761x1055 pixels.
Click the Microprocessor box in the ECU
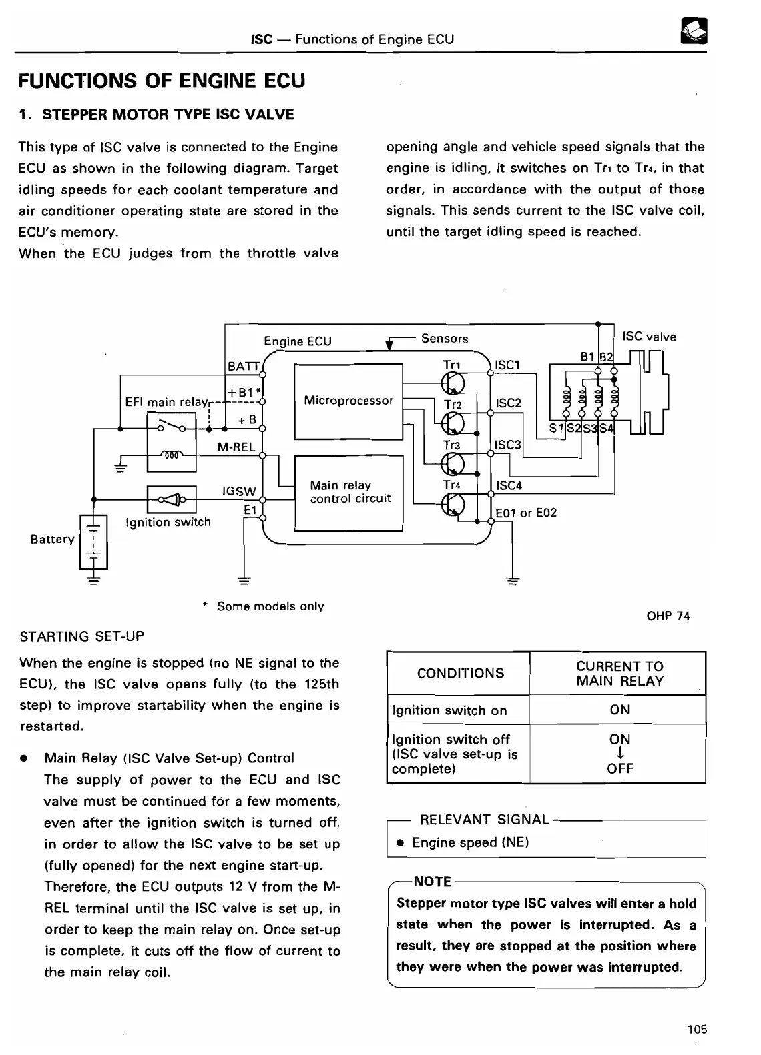pos(348,401)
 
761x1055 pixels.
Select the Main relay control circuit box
pos(348,492)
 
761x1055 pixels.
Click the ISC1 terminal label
pos(507,365)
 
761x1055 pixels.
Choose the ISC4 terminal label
pos(509,486)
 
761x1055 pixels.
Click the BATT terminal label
pos(243,366)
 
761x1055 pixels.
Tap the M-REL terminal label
pos(236,447)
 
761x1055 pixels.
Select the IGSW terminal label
pos(239,491)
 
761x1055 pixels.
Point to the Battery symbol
pos(93,540)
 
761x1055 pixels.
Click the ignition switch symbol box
pos(171,499)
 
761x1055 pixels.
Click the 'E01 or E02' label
pos(526,513)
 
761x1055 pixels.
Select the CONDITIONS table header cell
pos(461,674)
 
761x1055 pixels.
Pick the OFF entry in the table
pos(619,768)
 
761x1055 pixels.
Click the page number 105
pos(697,1029)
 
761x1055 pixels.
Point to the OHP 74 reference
pos(668,616)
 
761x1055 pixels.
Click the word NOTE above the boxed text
pos(433,882)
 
